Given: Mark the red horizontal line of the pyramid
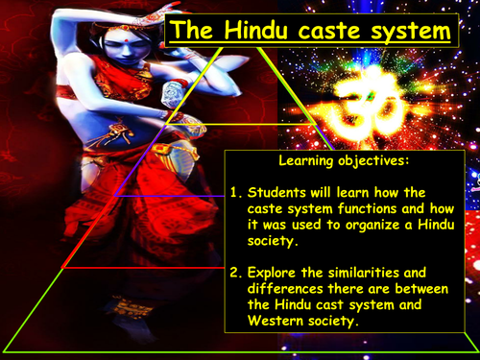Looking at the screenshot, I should [144, 268].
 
